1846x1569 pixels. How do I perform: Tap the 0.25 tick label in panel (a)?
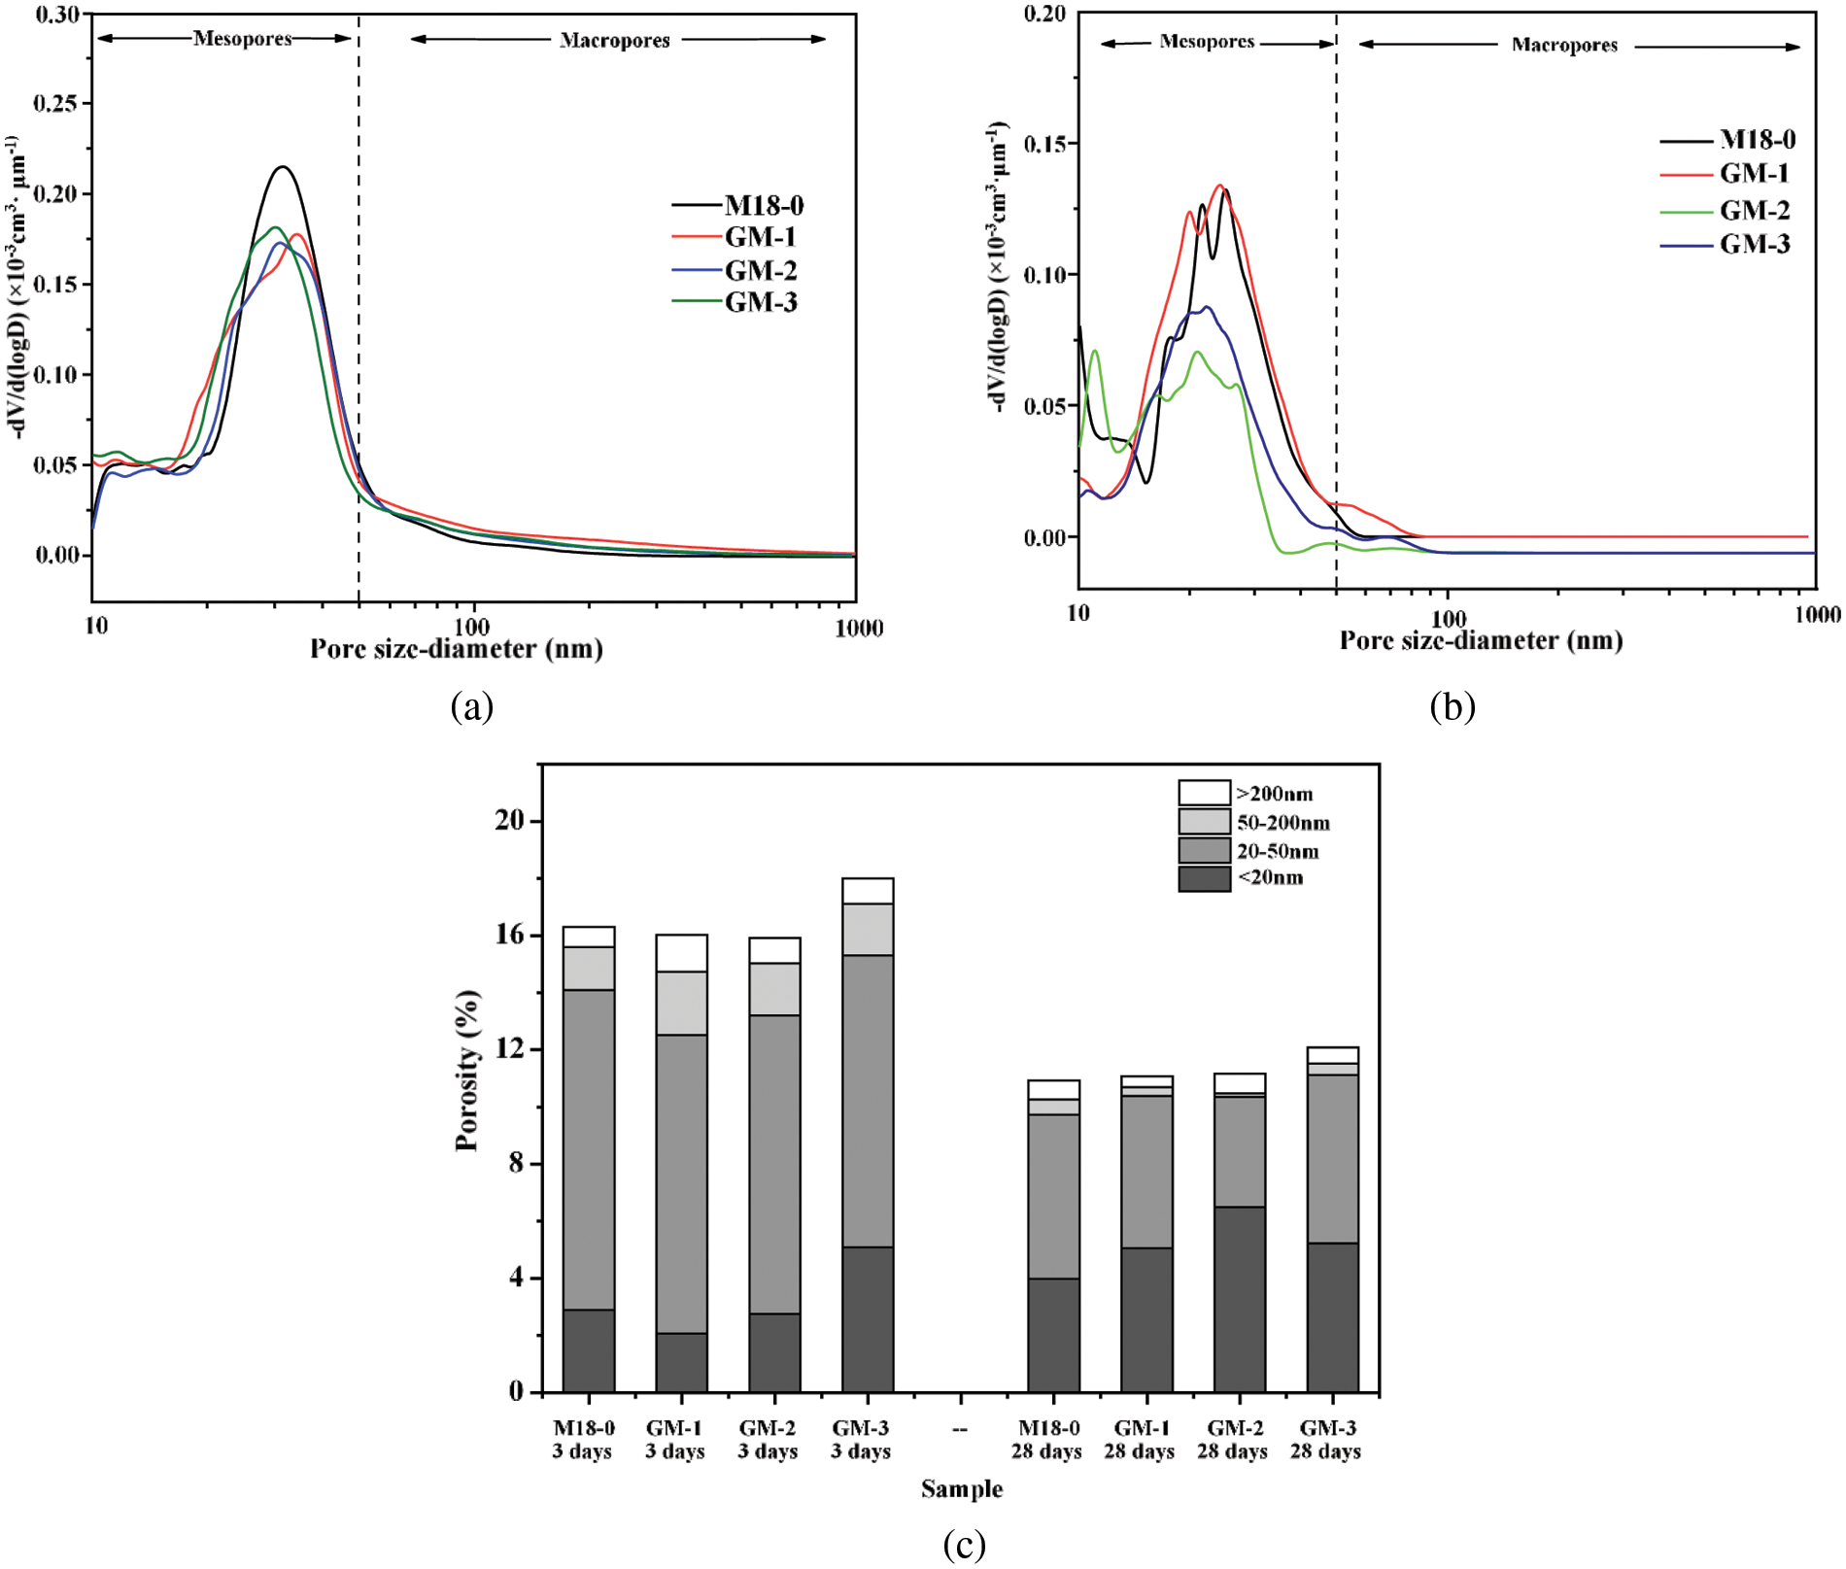coord(56,103)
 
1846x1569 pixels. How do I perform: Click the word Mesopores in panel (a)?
coord(242,39)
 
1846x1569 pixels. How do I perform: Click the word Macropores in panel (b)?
coord(1564,45)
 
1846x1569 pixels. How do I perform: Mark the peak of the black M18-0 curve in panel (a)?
coord(283,167)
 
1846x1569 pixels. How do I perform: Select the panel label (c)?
coord(964,1543)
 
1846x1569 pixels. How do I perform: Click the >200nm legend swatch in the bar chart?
coord(1204,793)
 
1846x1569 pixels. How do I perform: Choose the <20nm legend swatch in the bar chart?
coord(1204,878)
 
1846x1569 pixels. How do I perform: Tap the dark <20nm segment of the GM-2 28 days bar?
coord(1239,1299)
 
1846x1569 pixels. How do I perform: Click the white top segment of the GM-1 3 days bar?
coord(681,953)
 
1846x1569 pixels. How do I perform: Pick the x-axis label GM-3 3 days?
coord(861,1439)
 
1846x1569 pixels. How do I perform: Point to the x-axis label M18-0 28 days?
coord(1046,1439)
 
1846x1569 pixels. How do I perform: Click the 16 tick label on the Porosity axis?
coord(509,935)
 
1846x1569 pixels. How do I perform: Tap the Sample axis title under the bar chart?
coord(962,1488)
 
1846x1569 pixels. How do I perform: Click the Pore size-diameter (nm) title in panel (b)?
coord(1481,640)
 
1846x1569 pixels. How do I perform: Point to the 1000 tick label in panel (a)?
coord(859,628)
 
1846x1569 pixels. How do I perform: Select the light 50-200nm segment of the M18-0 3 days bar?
coord(589,969)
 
